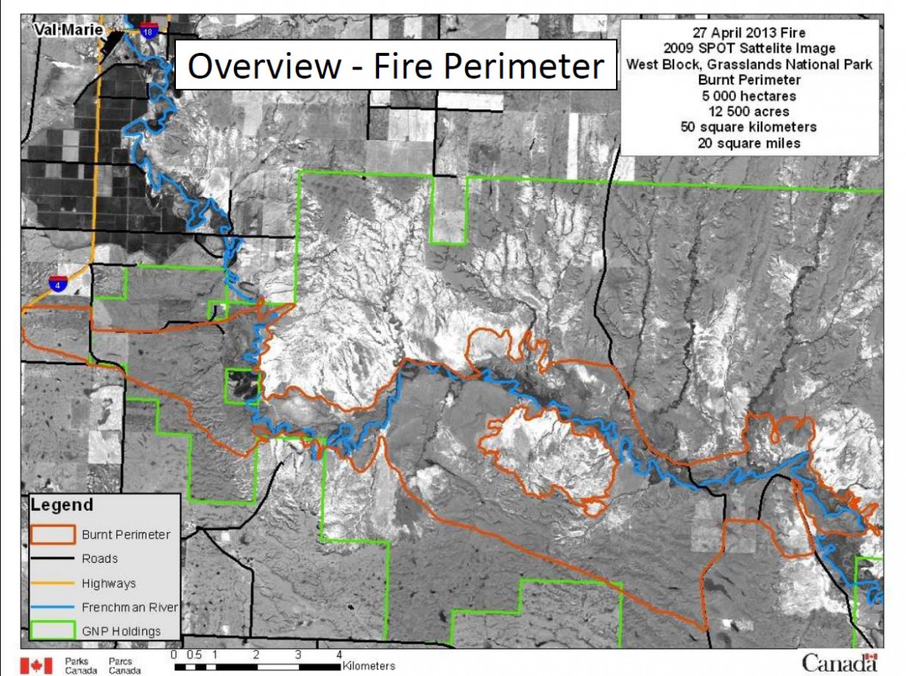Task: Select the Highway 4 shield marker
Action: [57, 284]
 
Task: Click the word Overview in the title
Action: [263, 66]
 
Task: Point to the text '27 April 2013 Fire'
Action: [748, 32]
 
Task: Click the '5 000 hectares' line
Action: [748, 97]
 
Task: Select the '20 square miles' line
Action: [748, 143]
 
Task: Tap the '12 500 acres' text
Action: [748, 112]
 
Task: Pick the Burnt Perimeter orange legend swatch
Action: [53, 534]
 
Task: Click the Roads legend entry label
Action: [100, 559]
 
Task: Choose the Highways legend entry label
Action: [109, 583]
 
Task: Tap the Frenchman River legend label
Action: [125, 607]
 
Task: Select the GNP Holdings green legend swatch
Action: [53, 631]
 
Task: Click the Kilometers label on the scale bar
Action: [368, 666]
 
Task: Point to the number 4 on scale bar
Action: [339, 654]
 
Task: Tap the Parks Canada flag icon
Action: [36, 665]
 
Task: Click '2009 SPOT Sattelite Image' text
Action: [748, 49]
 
